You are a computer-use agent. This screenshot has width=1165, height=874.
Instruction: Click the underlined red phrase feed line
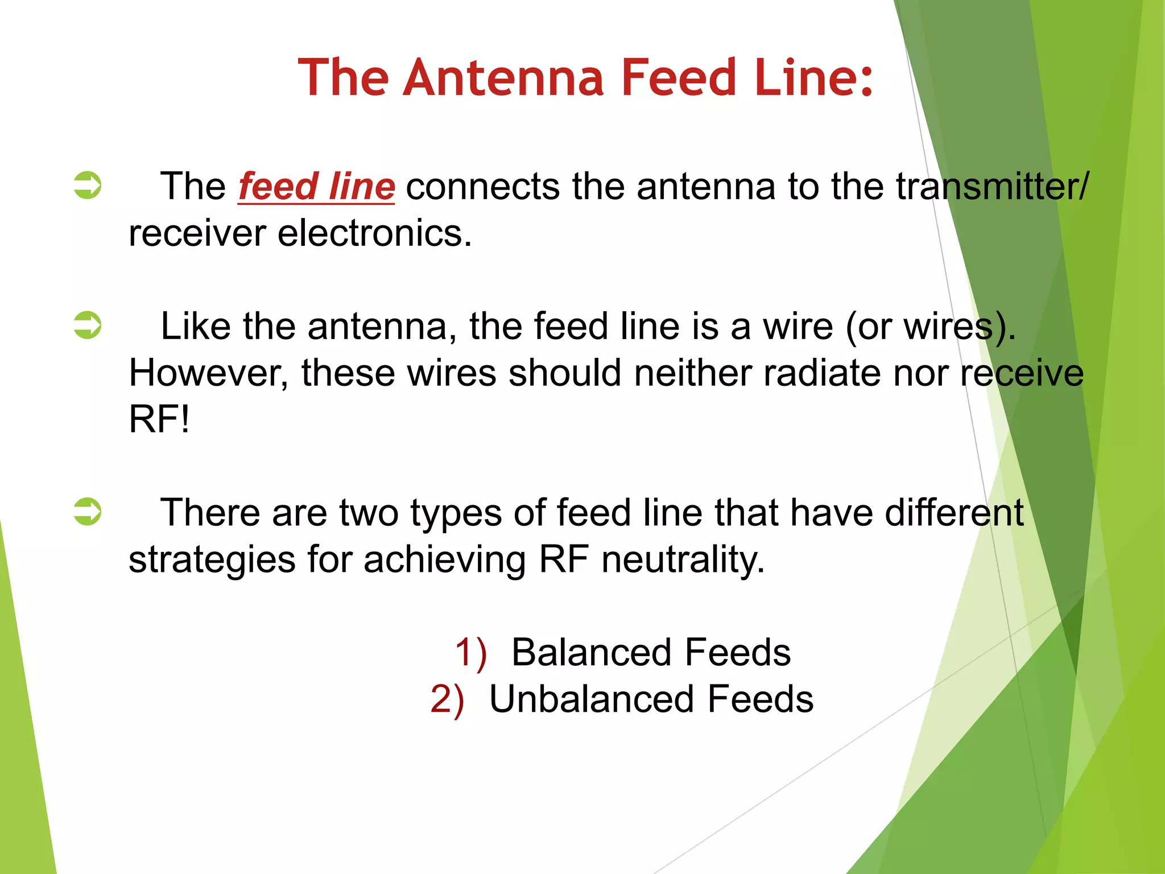pyautogui.click(x=316, y=187)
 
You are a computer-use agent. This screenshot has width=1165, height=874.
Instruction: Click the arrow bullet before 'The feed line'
pyautogui.click(x=88, y=185)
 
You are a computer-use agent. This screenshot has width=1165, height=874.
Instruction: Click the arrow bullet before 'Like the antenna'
pyautogui.click(x=88, y=325)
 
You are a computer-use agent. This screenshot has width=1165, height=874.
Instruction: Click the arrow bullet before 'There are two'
pyautogui.click(x=88, y=512)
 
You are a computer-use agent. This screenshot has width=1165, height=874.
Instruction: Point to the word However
pyautogui.click(x=208, y=373)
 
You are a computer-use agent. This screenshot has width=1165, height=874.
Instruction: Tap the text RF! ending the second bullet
pyautogui.click(x=159, y=420)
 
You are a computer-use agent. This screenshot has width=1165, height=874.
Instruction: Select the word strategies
pyautogui.click(x=212, y=560)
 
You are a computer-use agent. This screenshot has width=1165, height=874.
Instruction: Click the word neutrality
pyautogui.click(x=683, y=559)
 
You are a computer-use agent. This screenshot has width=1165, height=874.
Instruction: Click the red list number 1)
pyautogui.click(x=471, y=653)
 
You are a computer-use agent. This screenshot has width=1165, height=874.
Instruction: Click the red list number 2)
pyautogui.click(x=447, y=699)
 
